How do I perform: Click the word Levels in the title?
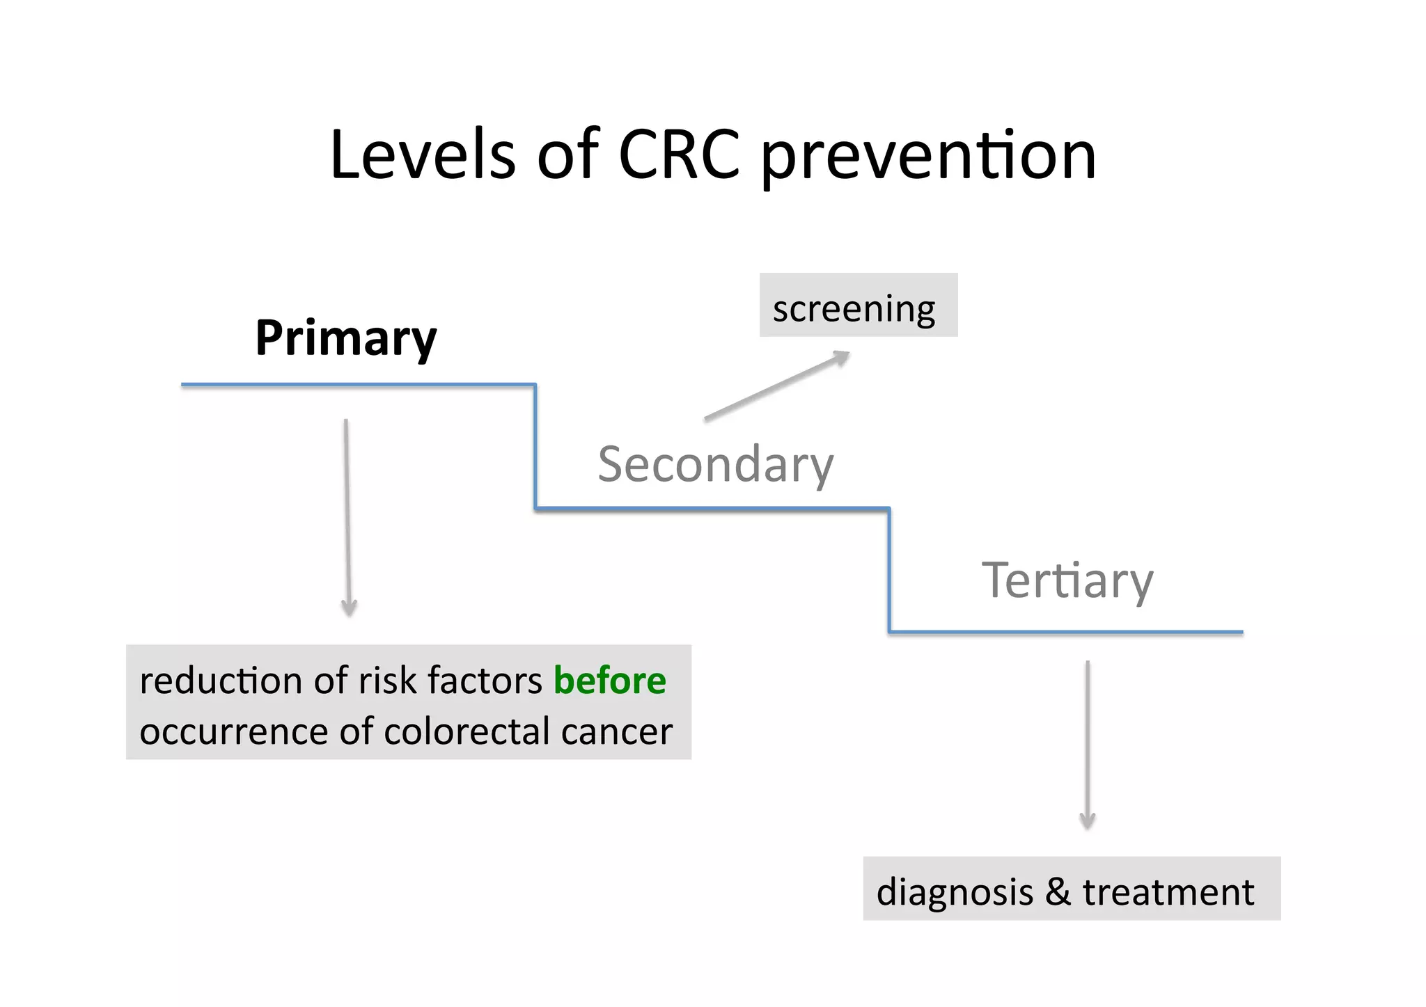(422, 155)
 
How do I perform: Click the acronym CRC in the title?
(679, 155)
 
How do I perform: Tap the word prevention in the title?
(928, 157)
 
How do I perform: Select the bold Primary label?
(346, 338)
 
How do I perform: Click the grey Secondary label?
(715, 464)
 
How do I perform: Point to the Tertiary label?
(1067, 580)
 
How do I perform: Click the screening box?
(857, 307)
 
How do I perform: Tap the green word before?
(609, 681)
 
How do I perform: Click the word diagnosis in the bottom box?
(955, 892)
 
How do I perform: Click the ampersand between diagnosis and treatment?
(1058, 892)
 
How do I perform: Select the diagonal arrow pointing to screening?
(776, 386)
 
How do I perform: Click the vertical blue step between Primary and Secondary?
(535, 446)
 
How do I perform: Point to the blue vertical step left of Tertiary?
(889, 570)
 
